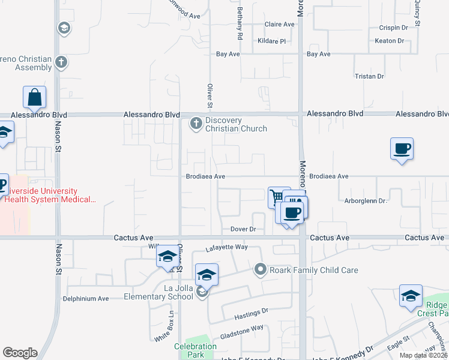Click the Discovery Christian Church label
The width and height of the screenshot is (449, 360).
point(236,125)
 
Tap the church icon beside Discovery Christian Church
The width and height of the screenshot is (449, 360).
point(196,124)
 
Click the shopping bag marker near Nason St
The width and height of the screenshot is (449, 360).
point(35,98)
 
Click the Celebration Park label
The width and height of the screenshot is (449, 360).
point(195,350)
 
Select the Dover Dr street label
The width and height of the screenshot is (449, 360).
point(243,229)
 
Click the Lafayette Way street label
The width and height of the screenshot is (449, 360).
point(226,247)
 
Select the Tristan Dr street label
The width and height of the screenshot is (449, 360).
point(369,77)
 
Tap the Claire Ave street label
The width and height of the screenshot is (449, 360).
point(280,25)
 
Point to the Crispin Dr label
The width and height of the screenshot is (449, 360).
point(393,28)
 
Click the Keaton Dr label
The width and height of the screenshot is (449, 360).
point(389,41)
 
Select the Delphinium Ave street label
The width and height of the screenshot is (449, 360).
point(86,298)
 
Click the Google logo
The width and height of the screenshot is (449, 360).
point(20,353)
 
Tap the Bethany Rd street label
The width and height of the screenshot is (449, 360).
point(240,28)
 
